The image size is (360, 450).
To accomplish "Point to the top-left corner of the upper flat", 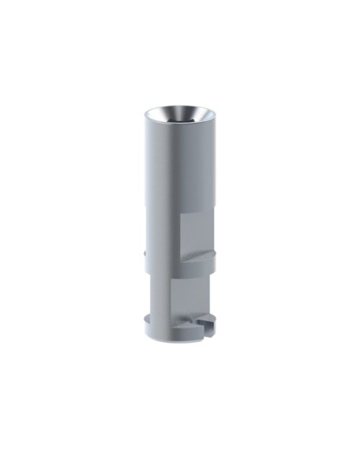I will [180, 214].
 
